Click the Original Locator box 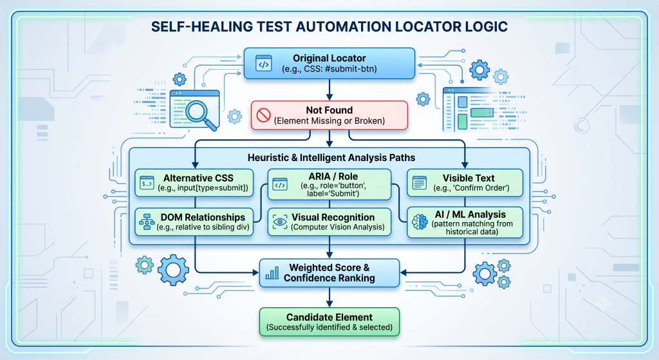329,63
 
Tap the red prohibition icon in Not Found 263,115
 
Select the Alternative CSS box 194,183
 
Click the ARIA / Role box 329,184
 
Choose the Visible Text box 465,183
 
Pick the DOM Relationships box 194,222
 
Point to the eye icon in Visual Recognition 280,222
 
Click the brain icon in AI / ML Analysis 420,222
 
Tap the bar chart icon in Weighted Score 272,273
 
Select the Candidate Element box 329,322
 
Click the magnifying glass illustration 201,114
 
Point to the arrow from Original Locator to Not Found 329,90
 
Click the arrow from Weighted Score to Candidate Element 329,298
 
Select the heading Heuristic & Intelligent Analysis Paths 331,158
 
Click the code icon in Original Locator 263,64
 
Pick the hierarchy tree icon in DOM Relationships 147,222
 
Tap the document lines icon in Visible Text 420,183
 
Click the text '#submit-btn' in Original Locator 351,68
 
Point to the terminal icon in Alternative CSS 147,183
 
